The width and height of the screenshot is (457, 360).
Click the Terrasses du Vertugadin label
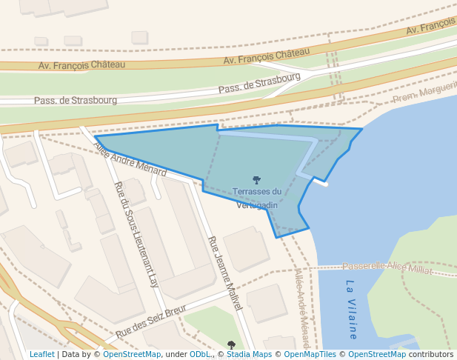tap(256, 199)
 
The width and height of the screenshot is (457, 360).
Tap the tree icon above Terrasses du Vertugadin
tap(256, 180)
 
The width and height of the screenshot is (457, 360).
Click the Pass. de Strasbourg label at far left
tap(76, 99)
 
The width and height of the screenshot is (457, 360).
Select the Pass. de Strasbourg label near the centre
tap(259, 82)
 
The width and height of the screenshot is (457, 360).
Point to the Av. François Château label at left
tap(81, 65)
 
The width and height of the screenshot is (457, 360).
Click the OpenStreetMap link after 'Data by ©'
tap(132, 355)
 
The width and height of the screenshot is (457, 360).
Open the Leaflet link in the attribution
tap(42, 355)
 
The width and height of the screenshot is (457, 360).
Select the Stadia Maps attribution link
tap(248, 355)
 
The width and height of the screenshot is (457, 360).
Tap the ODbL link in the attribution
tap(200, 355)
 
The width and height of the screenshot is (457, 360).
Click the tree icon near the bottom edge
tap(231, 344)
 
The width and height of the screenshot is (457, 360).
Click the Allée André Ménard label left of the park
tap(130, 159)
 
